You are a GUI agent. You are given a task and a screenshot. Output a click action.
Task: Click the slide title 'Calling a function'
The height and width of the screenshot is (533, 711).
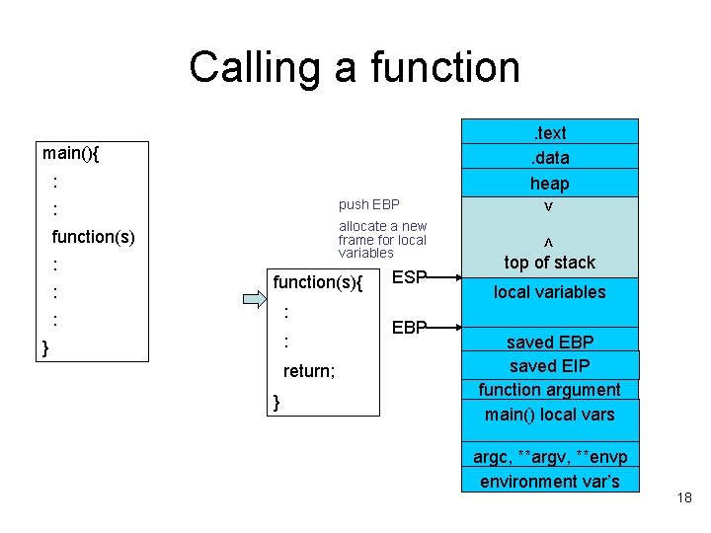[x=354, y=67]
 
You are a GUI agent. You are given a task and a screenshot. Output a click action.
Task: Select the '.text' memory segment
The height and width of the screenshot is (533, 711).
[x=549, y=132]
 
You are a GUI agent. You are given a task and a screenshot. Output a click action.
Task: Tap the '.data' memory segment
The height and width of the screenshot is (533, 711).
[x=549, y=158]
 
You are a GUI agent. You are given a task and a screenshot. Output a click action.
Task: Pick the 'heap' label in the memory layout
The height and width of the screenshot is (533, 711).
[x=549, y=184]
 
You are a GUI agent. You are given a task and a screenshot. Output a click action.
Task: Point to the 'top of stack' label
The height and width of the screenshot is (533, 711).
[x=549, y=263]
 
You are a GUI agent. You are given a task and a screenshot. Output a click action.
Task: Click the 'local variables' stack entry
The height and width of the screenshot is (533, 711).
[x=549, y=292]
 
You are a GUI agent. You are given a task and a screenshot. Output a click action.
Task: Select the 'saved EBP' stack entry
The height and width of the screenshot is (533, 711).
[x=549, y=343]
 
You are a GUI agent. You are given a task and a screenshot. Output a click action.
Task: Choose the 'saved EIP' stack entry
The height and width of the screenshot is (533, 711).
[x=549, y=366]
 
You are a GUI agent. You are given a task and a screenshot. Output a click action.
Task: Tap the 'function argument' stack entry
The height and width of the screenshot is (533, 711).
[x=549, y=390]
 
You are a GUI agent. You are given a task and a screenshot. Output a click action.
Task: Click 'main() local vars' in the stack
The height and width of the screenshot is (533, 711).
[x=549, y=415]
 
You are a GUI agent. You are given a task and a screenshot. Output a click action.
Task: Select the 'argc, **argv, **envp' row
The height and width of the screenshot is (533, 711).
[x=549, y=457]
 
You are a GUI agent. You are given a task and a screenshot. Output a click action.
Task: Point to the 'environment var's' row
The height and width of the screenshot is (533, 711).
[x=549, y=482]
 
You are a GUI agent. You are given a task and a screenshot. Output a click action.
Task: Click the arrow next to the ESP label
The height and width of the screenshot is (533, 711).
[x=444, y=278]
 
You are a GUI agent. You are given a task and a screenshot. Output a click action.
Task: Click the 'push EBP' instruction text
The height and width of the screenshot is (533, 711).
[x=368, y=205]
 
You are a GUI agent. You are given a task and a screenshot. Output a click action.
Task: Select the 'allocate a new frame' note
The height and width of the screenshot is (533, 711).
[x=382, y=240]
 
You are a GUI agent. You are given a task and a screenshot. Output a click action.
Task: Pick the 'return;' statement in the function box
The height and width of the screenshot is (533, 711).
[x=309, y=372]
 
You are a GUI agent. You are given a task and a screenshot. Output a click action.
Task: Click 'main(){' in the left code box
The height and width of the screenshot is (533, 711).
[x=77, y=153]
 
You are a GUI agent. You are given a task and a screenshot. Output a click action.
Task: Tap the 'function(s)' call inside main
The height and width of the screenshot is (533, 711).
[x=93, y=237]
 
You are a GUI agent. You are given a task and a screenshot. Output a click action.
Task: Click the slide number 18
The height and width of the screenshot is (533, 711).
[x=684, y=498]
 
